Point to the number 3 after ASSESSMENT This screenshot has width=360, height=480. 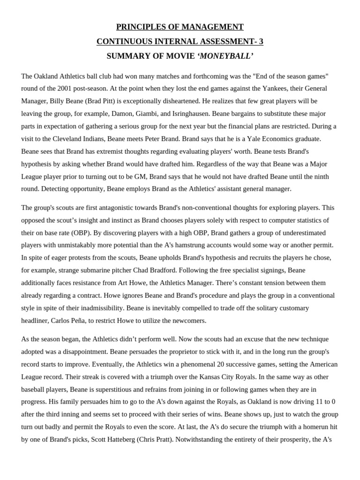coord(261,41)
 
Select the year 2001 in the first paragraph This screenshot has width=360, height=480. coord(65,88)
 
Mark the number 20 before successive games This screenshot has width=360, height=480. coord(182,364)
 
